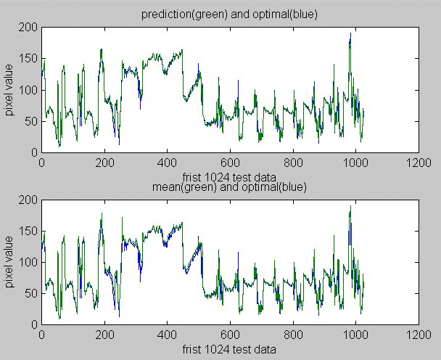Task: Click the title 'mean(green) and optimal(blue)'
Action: (229, 187)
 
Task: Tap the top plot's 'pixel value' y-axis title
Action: (11, 90)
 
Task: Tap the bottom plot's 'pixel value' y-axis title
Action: (11, 261)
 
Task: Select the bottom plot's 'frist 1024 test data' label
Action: (229, 349)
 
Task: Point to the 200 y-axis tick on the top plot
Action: (30, 28)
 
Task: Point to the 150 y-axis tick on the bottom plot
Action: (30, 231)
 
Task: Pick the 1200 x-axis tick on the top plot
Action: (418, 163)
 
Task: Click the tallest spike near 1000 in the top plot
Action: (350, 33)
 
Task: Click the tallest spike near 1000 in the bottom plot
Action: (350, 206)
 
